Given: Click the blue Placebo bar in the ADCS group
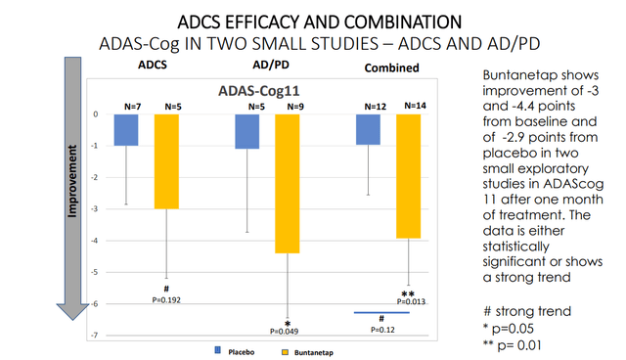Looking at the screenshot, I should point(125,130).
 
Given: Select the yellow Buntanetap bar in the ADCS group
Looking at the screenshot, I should point(166,160).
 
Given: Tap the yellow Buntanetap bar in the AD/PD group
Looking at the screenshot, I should point(287,183).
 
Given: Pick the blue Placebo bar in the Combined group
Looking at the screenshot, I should point(368,129).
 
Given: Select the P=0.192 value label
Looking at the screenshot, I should point(167,300).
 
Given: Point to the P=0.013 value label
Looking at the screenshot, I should point(409,302).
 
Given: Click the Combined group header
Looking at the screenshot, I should point(390,68).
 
